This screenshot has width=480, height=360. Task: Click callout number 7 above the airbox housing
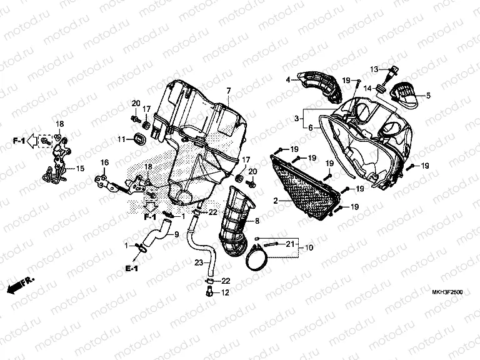tap(229, 91)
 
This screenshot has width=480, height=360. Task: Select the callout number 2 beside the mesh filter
tap(275, 201)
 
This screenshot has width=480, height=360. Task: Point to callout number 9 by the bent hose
tap(176, 235)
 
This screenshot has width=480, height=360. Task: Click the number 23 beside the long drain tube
tap(198, 262)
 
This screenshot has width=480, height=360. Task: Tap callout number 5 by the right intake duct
tap(429, 96)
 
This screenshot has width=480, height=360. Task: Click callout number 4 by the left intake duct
tap(288, 80)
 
